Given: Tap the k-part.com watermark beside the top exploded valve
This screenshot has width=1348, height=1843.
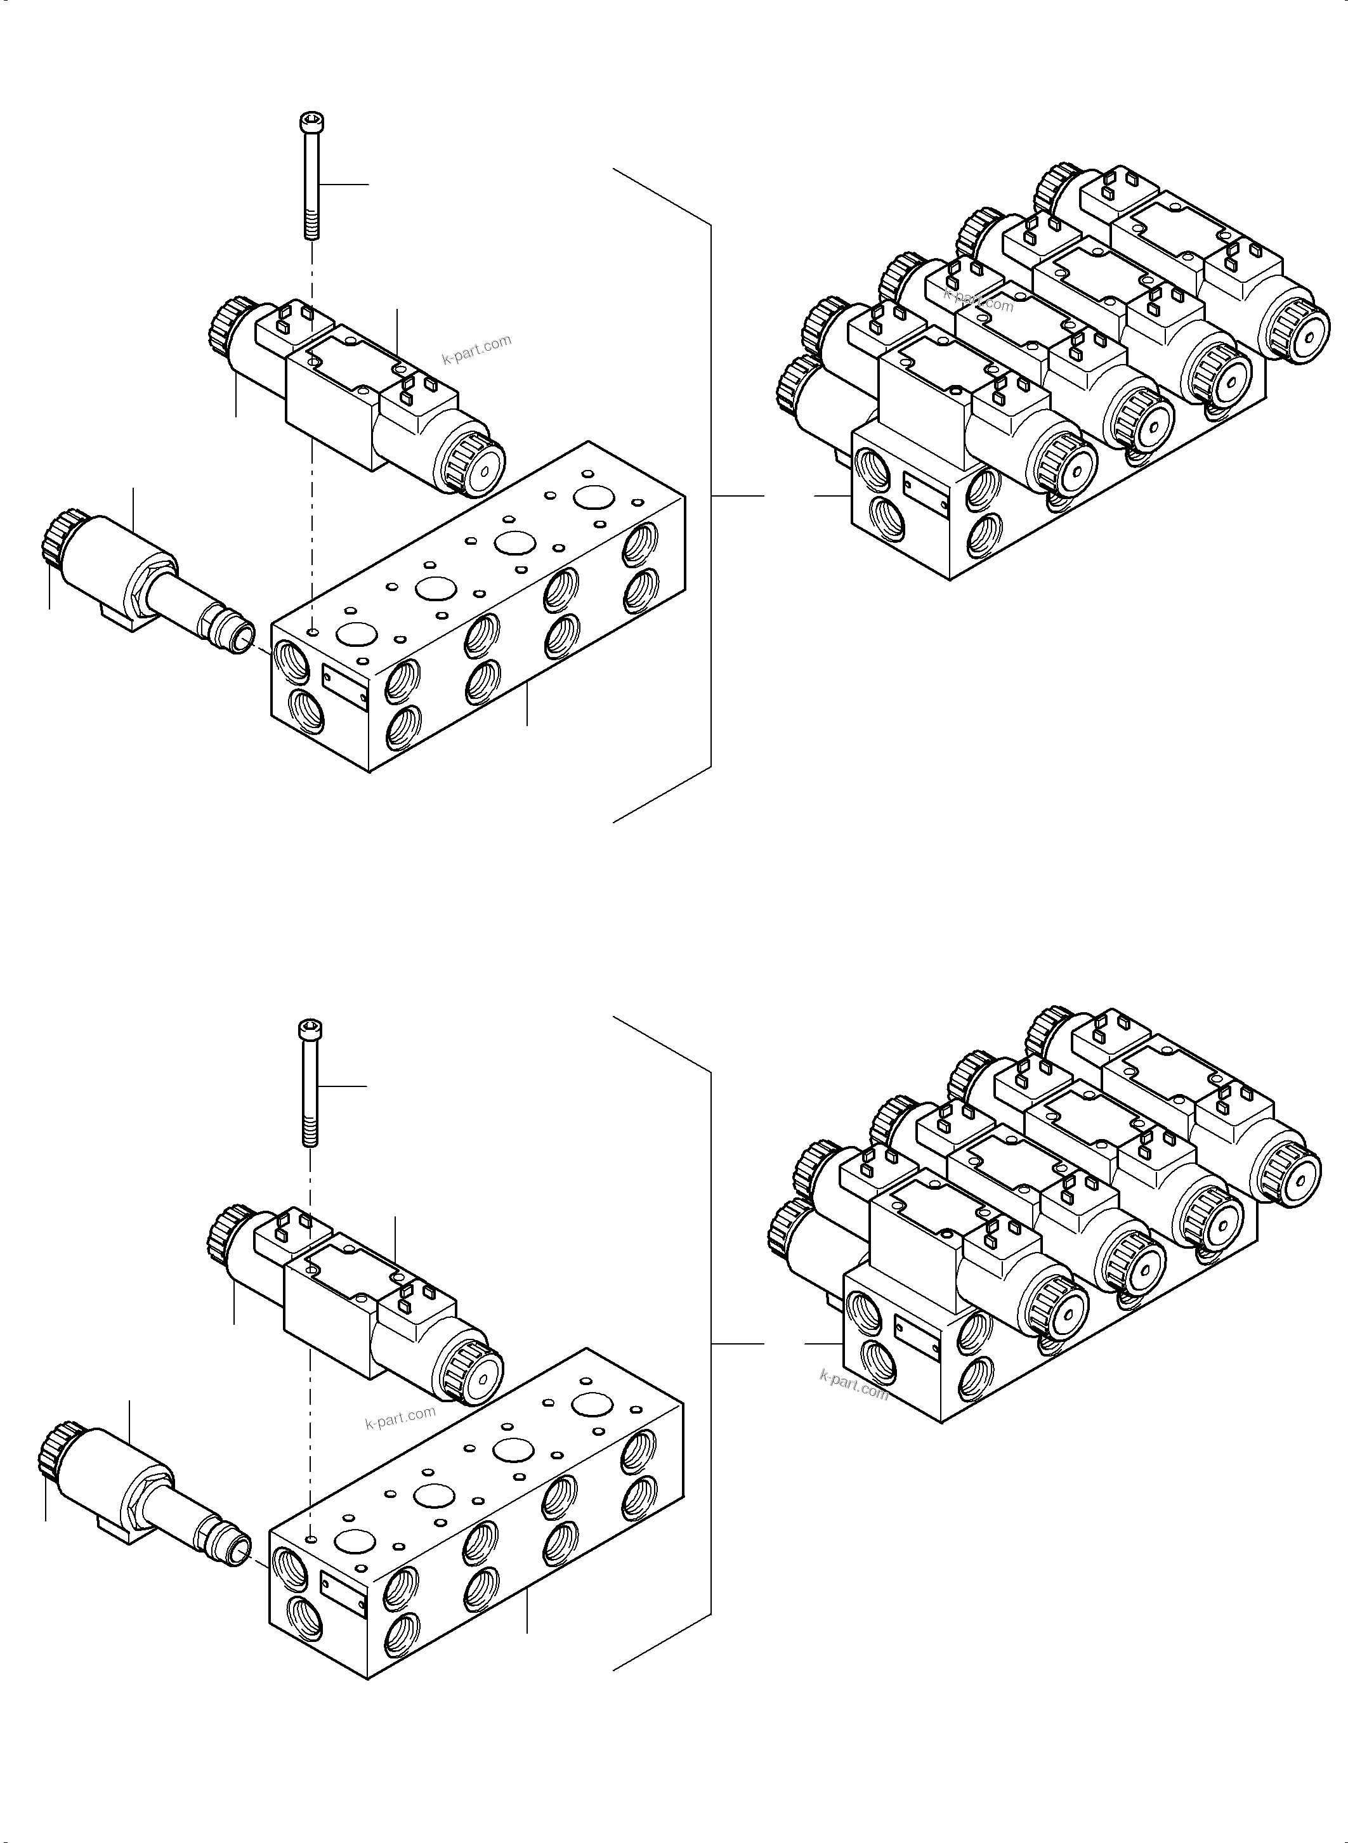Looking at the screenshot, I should [x=476, y=350].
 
